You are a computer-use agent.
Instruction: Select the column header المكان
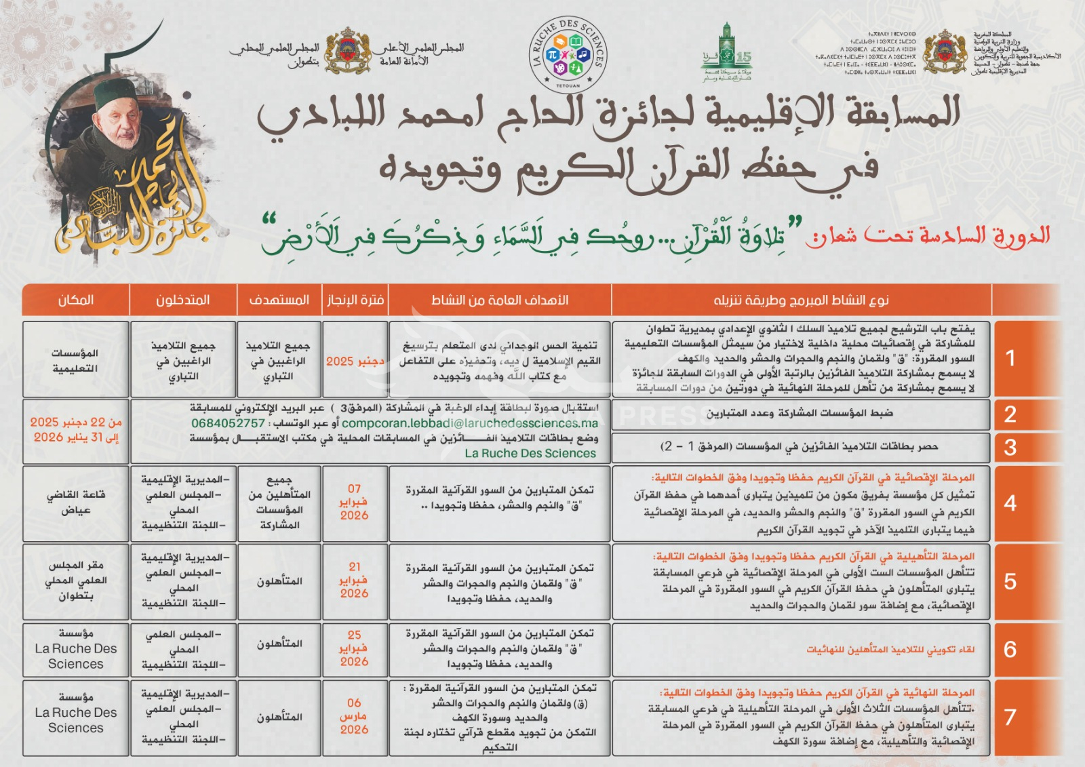click(x=76, y=300)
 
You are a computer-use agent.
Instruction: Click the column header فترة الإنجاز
click(x=355, y=300)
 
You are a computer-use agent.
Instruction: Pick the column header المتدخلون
click(x=183, y=300)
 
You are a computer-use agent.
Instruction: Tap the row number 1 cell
click(x=1010, y=358)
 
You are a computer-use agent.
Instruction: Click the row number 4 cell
click(x=1010, y=503)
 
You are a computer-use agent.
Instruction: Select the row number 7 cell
click(x=1010, y=717)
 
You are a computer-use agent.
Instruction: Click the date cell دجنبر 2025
click(x=355, y=361)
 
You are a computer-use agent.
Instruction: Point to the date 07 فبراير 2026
click(x=354, y=502)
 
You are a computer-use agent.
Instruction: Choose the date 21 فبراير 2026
click(x=354, y=580)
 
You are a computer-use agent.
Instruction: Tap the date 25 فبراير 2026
click(x=354, y=648)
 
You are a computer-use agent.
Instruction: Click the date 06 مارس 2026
click(x=354, y=716)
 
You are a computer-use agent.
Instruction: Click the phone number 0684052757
click(x=228, y=423)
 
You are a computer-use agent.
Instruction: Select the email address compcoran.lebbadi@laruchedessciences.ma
click(x=469, y=423)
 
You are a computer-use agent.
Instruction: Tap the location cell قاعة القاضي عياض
click(x=76, y=502)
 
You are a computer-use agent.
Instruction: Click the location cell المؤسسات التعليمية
click(x=75, y=360)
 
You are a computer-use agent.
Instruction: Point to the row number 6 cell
click(x=1010, y=649)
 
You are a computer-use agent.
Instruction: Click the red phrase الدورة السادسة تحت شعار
click(x=928, y=236)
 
